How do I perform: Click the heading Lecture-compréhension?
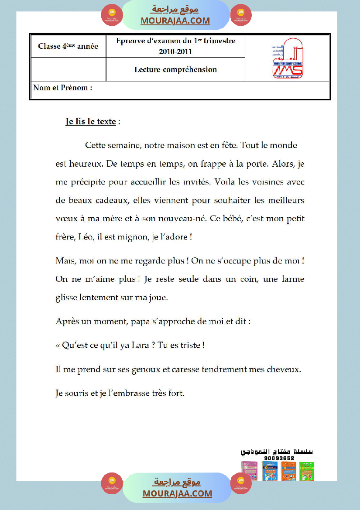[175, 69]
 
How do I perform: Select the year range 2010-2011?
[175, 51]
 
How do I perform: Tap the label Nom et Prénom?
[62, 88]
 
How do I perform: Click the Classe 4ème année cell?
[68, 46]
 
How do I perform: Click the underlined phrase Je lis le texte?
[91, 122]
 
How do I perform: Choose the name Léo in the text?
[86, 237]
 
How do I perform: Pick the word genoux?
[155, 369]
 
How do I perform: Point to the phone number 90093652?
[279, 458]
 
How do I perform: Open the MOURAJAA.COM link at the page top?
[175, 21]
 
